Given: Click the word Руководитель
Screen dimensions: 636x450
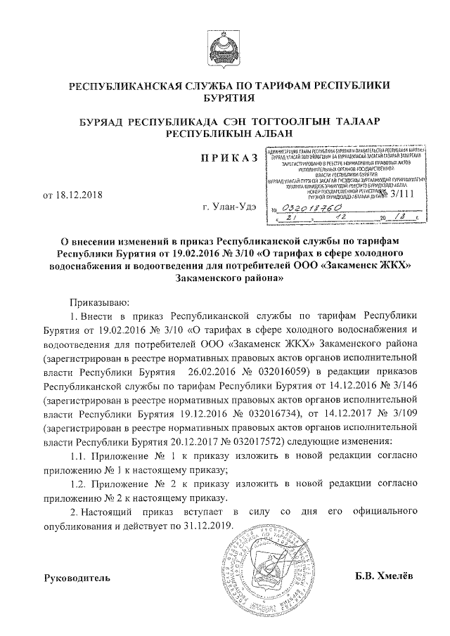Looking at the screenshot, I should coord(77,578).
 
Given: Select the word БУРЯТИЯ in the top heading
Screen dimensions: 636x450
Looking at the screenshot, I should coord(225,100).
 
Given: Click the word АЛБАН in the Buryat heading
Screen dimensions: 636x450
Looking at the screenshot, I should coord(261,133).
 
